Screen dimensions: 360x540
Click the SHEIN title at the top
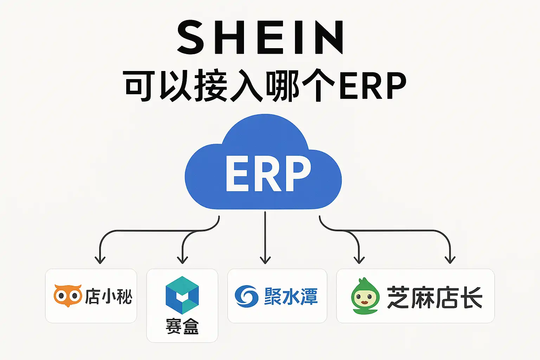click(x=261, y=38)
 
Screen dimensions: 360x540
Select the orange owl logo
click(x=67, y=295)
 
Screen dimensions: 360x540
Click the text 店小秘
click(x=109, y=296)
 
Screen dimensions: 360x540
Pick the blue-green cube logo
click(x=182, y=295)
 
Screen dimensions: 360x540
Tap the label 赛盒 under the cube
click(x=182, y=326)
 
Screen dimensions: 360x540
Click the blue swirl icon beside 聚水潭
click(x=246, y=296)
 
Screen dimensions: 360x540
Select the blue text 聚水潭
click(x=291, y=296)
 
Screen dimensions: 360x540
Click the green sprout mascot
click(x=365, y=296)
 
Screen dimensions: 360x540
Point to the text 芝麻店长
click(x=435, y=297)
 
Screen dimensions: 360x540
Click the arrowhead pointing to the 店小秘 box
click(x=100, y=260)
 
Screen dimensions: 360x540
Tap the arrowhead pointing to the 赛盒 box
click(x=182, y=260)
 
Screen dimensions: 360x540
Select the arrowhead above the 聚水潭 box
click(x=265, y=260)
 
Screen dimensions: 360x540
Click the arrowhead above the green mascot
click(x=359, y=260)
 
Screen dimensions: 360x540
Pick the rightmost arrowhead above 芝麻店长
click(x=450, y=260)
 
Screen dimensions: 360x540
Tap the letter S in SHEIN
click(x=192, y=38)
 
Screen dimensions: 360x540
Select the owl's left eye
click(x=61, y=295)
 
